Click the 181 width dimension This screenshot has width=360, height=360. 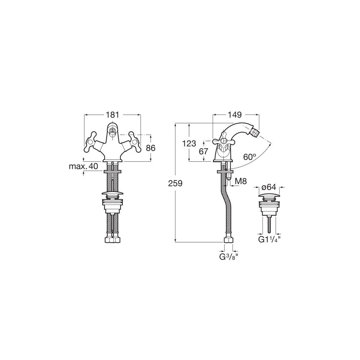pyautogui.click(x=112, y=115)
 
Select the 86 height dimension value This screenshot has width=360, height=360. pyautogui.click(x=150, y=148)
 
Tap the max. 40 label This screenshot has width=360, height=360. pyautogui.click(x=83, y=166)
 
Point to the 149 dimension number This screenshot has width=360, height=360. pyautogui.click(x=235, y=115)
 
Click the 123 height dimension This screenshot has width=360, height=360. pyautogui.click(x=189, y=144)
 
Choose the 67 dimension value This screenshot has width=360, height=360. pyautogui.click(x=203, y=151)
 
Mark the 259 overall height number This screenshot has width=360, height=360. pyautogui.click(x=175, y=184)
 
